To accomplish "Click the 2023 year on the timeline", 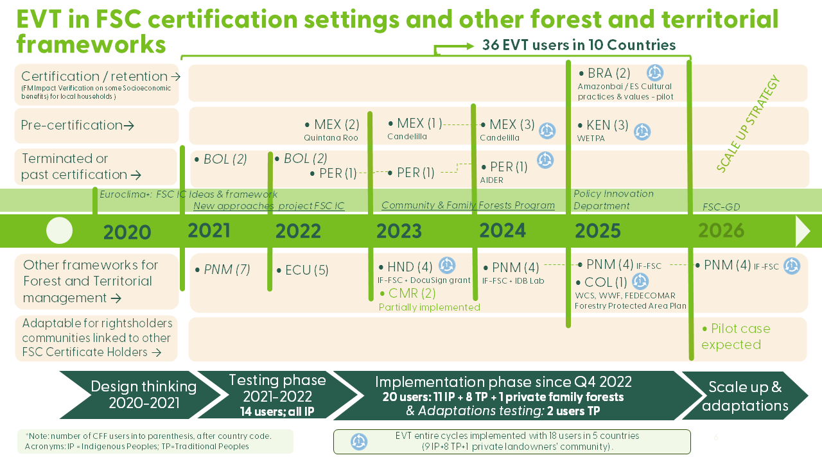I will pyautogui.click(x=399, y=231).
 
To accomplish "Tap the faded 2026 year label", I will pyautogui.click(x=721, y=230).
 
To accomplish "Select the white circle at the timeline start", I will pyautogui.click(x=60, y=231).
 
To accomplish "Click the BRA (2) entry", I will pyautogui.click(x=604, y=74).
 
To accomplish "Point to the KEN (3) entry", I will pyautogui.click(x=603, y=126).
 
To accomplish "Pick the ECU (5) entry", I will pyautogui.click(x=302, y=271).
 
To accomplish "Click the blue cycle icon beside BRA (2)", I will pyautogui.click(x=654, y=73).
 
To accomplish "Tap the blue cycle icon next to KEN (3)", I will pyautogui.click(x=642, y=132).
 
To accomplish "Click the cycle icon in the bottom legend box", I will pyautogui.click(x=358, y=441).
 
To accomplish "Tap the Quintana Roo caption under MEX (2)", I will pyautogui.click(x=331, y=137).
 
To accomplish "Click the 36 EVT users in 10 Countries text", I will pyautogui.click(x=579, y=45).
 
